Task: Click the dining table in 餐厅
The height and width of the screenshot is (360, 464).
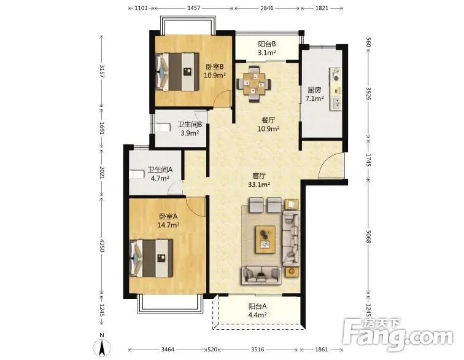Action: click(x=254, y=84)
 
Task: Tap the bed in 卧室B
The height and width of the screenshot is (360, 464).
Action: click(x=177, y=72)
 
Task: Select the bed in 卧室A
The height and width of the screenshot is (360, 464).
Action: click(x=151, y=259)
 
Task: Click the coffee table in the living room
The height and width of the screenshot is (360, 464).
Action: click(x=265, y=240)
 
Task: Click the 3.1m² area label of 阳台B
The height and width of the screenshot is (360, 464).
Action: click(x=267, y=53)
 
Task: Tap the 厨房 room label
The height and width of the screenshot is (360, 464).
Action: click(x=314, y=90)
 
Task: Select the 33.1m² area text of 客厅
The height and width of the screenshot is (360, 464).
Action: click(x=259, y=184)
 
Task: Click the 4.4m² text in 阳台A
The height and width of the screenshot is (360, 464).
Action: click(x=257, y=315)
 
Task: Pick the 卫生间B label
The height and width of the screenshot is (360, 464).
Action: click(x=190, y=125)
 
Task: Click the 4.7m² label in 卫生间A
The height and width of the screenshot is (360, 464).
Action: click(x=160, y=178)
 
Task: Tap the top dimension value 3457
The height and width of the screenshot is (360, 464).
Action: click(x=193, y=8)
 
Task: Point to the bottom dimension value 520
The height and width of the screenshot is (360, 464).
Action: click(x=212, y=350)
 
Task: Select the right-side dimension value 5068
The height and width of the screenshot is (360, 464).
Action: click(x=368, y=237)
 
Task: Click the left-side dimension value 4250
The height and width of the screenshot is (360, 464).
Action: click(x=102, y=246)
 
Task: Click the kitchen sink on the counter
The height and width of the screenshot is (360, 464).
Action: click(x=336, y=103)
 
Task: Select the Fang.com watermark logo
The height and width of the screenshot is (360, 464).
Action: click(x=398, y=334)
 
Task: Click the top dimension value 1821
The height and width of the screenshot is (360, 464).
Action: click(x=322, y=8)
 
